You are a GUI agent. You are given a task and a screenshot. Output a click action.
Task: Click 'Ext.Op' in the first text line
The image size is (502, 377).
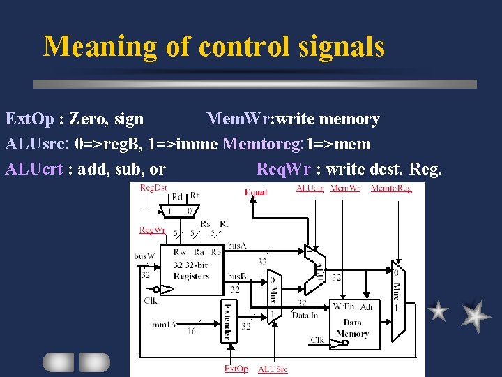pyautogui.click(x=29, y=119)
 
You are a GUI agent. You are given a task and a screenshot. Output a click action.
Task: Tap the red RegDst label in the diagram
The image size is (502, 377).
pyautogui.click(x=153, y=187)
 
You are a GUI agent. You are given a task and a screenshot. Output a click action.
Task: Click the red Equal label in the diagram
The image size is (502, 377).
pyautogui.click(x=256, y=192)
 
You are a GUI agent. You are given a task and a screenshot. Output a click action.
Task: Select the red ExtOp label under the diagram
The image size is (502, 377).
pyautogui.click(x=236, y=369)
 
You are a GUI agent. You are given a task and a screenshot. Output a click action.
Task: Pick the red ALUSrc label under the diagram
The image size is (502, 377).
pyautogui.click(x=273, y=369)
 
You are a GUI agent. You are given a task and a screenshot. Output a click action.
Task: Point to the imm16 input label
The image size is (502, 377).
pyautogui.click(x=162, y=324)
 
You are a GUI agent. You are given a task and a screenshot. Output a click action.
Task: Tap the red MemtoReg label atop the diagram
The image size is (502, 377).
pyautogui.click(x=391, y=188)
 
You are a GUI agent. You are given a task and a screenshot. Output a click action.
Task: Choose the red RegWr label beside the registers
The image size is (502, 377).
pyautogui.click(x=151, y=230)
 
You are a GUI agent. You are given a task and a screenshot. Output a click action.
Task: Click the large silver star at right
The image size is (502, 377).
pyautogui.click(x=475, y=315)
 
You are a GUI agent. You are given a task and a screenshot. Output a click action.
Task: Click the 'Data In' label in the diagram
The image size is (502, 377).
pyautogui.click(x=305, y=315)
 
